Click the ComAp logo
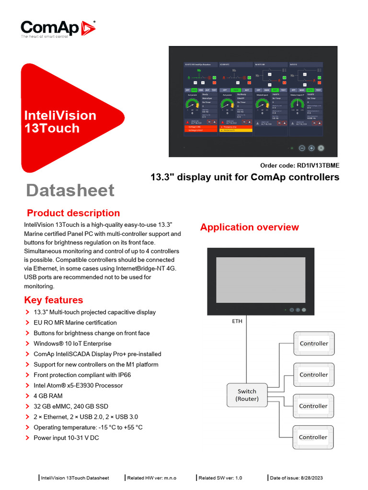(57, 28)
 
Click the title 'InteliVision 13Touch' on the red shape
(60, 122)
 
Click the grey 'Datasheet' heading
(70, 190)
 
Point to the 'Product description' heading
(73, 213)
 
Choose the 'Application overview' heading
(249, 227)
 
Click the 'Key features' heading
(53, 300)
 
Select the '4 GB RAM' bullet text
(48, 396)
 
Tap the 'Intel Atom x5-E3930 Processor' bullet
(78, 385)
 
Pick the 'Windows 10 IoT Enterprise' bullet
(72, 344)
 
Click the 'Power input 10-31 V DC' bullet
(66, 438)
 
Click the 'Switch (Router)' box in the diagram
(247, 395)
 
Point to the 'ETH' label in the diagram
(237, 321)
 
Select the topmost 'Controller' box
(313, 344)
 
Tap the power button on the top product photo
(321, 148)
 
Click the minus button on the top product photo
(302, 148)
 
